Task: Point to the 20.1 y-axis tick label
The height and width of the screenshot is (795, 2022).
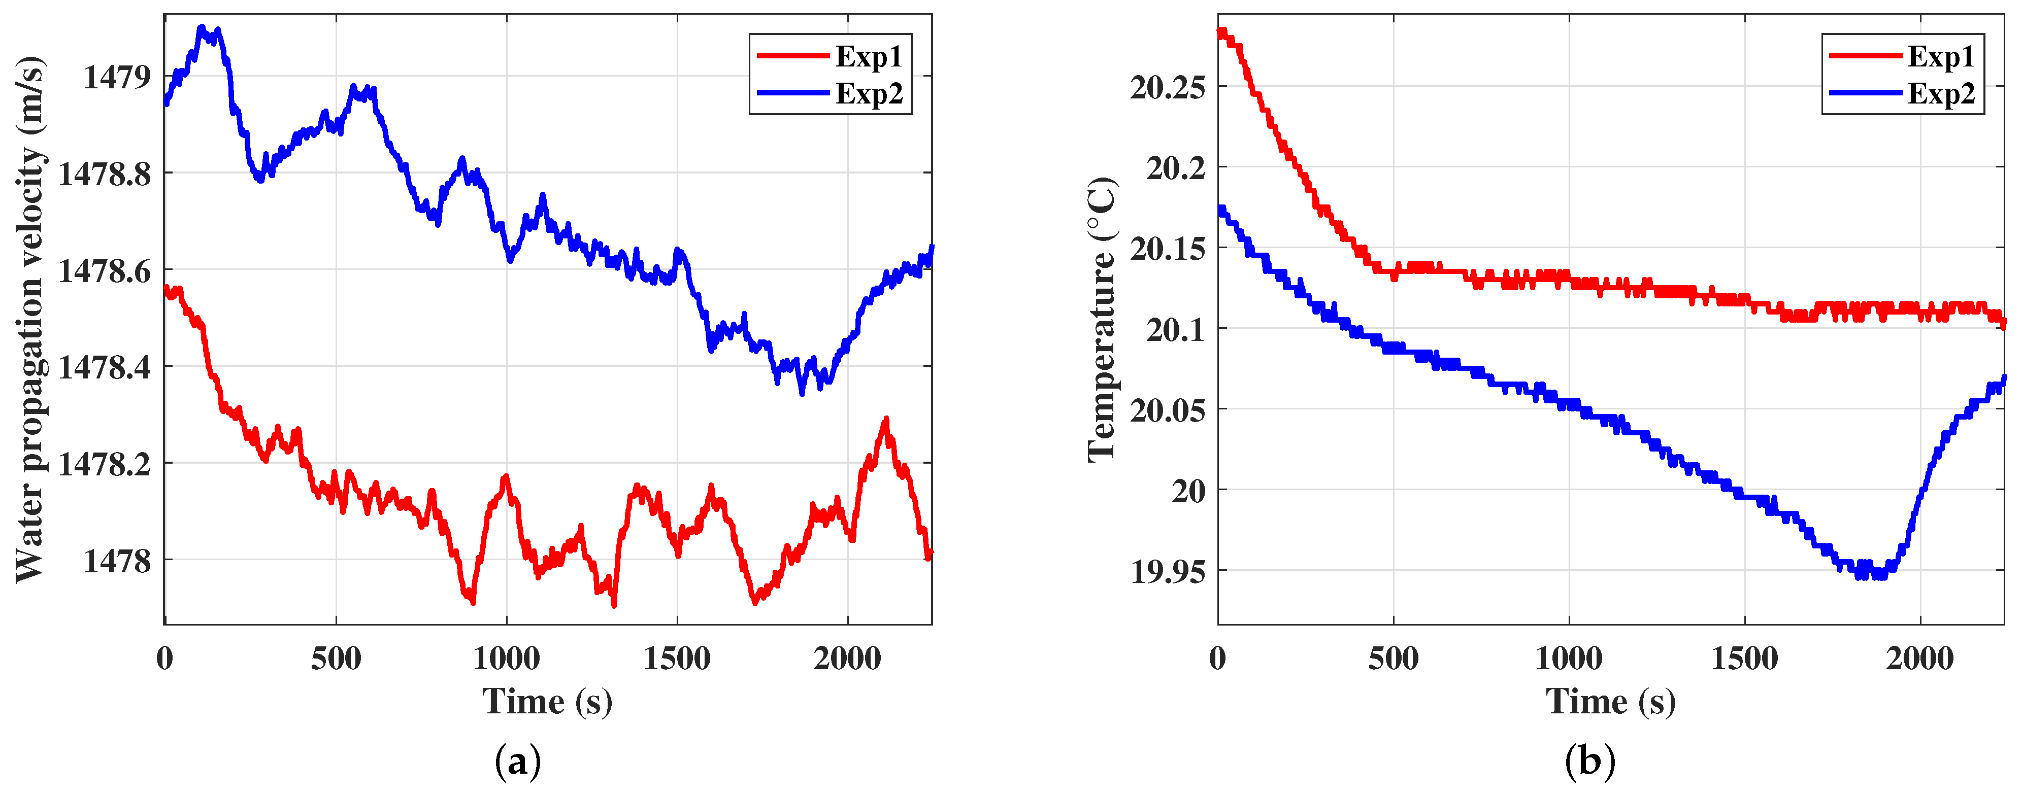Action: click(1175, 330)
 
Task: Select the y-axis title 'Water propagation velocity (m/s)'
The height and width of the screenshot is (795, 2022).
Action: click(30, 320)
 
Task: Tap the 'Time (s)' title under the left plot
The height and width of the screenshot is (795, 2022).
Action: click(547, 701)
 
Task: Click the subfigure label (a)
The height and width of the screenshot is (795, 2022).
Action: click(518, 761)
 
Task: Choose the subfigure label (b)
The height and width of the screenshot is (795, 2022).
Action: click(1589, 761)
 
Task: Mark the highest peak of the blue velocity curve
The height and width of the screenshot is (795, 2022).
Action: click(202, 27)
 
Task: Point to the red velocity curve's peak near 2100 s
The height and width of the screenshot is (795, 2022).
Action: click(886, 419)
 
